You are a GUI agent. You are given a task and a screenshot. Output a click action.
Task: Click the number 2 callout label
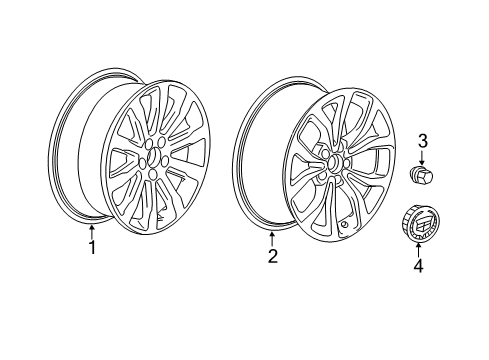point(271,256)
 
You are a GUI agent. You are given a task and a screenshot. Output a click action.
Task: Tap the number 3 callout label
point(422,140)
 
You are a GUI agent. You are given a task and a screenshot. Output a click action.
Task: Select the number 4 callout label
point(419,265)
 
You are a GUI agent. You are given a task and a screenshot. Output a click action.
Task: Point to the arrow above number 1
point(92,233)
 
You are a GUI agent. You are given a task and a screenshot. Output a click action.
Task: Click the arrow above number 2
point(271,241)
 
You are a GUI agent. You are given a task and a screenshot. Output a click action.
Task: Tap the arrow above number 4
point(419,250)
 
